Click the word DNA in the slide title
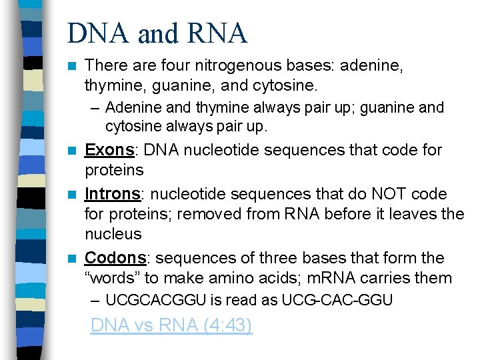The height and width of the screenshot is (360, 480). (x=93, y=33)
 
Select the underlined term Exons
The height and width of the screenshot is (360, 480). (x=109, y=150)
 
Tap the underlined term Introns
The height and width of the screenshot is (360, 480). (x=113, y=194)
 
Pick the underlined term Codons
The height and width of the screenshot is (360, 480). (x=115, y=258)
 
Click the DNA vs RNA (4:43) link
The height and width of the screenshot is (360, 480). (x=171, y=325)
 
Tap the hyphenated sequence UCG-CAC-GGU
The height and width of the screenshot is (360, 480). (x=337, y=301)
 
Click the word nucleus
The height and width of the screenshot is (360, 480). (x=113, y=234)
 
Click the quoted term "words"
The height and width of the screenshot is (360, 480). (x=110, y=278)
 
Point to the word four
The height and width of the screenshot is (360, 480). (x=169, y=66)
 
